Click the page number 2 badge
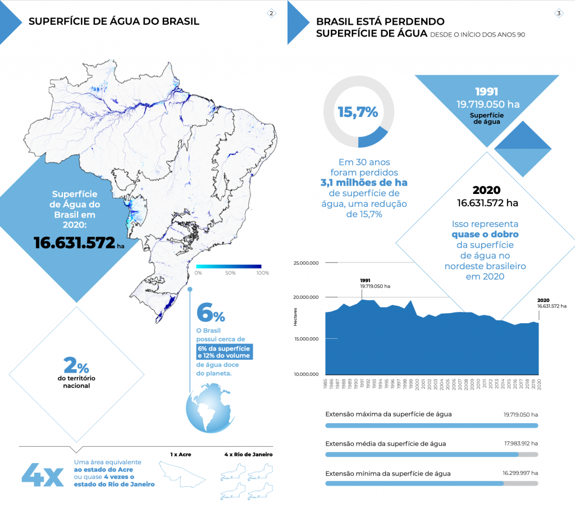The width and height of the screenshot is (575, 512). coord(271,13)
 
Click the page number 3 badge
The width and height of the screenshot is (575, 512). coord(559,13)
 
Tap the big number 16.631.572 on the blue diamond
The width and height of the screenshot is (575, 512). coord(74,242)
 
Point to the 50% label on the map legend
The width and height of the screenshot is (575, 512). coord(230,273)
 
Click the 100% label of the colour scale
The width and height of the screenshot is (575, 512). coord(262,273)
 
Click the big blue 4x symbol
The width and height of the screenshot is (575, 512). coord(42,475)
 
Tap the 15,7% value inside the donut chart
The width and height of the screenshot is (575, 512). coord(358,112)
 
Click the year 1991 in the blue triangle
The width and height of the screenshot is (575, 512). coord(486,92)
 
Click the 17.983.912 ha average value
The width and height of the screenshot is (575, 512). coord(521,443)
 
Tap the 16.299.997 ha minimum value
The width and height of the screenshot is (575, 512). coord(521,473)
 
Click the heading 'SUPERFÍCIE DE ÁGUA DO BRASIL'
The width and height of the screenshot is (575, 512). coord(113,22)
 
